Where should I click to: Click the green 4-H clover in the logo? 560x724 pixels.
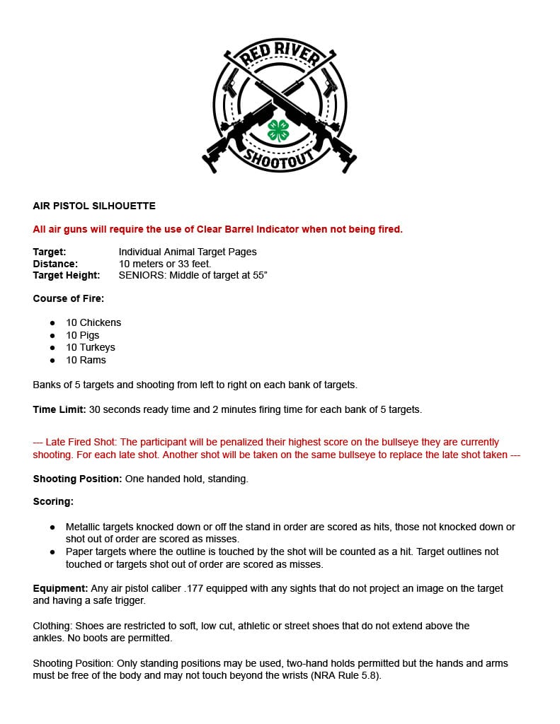pyautogui.click(x=278, y=130)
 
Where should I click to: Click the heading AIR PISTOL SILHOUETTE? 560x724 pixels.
pyautogui.click(x=94, y=206)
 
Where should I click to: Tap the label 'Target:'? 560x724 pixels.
pyautogui.click(x=50, y=252)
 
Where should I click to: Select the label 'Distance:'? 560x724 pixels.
pyautogui.click(x=55, y=264)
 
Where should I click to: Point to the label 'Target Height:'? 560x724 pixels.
pyautogui.click(x=67, y=275)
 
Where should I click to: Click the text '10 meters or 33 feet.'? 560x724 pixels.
pyautogui.click(x=165, y=264)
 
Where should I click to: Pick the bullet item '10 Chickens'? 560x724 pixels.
pyautogui.click(x=93, y=322)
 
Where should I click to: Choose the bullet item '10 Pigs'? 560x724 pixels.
pyautogui.click(x=83, y=335)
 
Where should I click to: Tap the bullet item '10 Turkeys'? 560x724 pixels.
pyautogui.click(x=91, y=347)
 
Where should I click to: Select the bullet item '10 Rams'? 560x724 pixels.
pyautogui.click(x=86, y=360)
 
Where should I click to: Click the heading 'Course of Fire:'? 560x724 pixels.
pyautogui.click(x=68, y=298)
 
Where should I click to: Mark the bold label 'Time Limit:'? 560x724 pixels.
pyautogui.click(x=59, y=409)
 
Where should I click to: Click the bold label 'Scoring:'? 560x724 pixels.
pyautogui.click(x=53, y=501)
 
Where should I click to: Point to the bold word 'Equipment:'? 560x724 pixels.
pyautogui.click(x=60, y=588)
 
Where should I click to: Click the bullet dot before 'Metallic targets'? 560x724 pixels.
pyautogui.click(x=52, y=527)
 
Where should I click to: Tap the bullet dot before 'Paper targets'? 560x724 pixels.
pyautogui.click(x=52, y=551)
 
